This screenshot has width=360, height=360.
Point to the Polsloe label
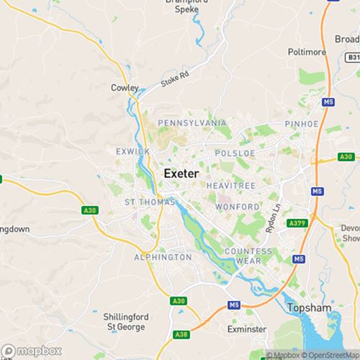[x=230, y=153]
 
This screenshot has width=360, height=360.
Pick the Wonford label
[x=236, y=207]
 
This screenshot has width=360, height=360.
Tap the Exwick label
[x=132, y=151]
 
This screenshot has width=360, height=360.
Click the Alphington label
[x=162, y=257]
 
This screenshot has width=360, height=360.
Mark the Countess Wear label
[x=248, y=255]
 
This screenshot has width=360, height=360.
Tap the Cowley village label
[x=125, y=88]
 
